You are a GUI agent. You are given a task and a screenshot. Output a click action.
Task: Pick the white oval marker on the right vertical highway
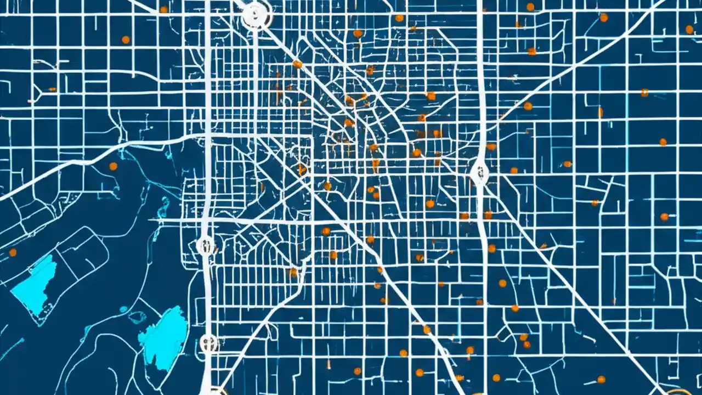coord(479,173)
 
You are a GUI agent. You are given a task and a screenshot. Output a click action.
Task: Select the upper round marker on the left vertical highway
coord(205,245)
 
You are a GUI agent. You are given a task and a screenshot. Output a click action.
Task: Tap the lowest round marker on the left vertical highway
coord(208,343)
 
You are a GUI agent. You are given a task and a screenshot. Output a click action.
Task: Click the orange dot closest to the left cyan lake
coord(13,252)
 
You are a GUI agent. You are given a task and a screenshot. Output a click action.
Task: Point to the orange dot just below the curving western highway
coord(113,166)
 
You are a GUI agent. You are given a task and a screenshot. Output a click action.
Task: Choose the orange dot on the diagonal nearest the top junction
coord(297,64)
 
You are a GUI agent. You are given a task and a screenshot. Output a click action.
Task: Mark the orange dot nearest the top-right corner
coord(689,30)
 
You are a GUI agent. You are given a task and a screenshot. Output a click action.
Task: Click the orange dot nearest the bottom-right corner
coord(601,379)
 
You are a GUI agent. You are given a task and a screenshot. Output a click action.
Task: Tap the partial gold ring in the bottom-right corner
coord(680,392)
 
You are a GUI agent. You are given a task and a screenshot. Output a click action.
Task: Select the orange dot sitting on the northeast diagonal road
coord(528,106)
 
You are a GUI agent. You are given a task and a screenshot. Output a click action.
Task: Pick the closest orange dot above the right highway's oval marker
coord(491,146)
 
